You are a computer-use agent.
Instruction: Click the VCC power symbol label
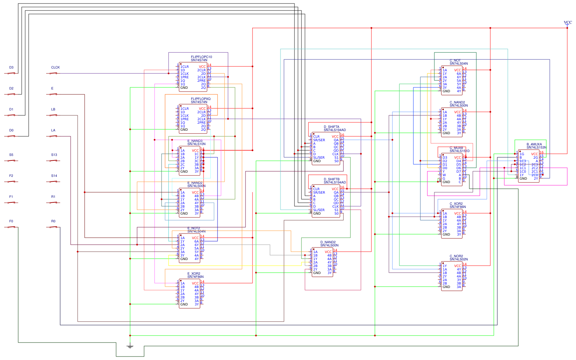tap(568, 22)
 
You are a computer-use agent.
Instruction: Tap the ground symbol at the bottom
tap(130, 346)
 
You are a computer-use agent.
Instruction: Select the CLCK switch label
tap(55, 67)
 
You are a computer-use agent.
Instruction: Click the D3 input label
tap(11, 67)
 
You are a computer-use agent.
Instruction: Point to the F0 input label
tap(11, 221)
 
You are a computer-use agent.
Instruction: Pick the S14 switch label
tap(54, 176)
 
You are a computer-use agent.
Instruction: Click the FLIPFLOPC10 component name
tap(201, 57)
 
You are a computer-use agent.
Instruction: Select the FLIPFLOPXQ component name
tap(200, 99)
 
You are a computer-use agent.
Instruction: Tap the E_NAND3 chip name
tap(195, 141)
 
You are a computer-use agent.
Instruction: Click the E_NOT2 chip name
tap(193, 228)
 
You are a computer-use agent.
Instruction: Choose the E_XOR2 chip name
tap(194, 274)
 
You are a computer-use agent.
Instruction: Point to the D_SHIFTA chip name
tap(331, 127)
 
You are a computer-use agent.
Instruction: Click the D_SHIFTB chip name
tap(331, 179)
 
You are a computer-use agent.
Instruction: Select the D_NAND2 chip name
tap(328, 242)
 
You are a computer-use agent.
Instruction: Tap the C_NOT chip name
tap(455, 60)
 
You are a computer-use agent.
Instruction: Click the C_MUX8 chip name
tap(456, 148)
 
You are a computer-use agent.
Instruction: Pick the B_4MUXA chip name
tap(534, 144)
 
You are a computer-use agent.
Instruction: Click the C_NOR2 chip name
tap(456, 256)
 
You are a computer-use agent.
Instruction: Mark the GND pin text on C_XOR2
tap(446, 235)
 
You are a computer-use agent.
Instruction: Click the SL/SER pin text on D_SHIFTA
tap(319, 158)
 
